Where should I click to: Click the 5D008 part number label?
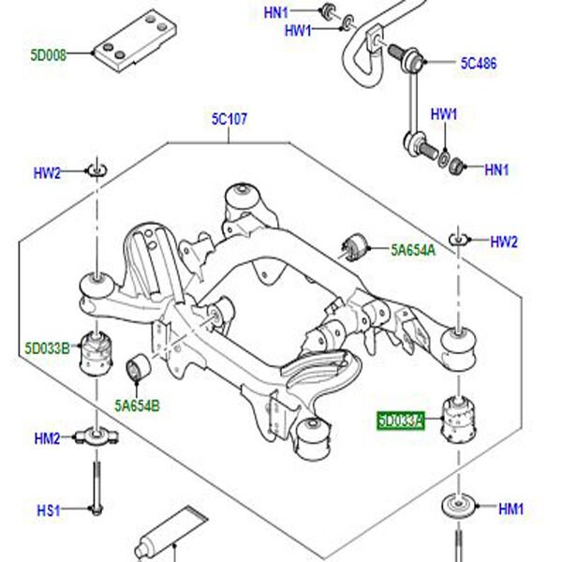(47, 55)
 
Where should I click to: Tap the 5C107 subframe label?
(229, 120)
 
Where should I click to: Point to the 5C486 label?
(478, 65)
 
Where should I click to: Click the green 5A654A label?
(412, 249)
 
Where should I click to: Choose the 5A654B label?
(137, 406)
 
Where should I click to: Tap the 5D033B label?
(48, 348)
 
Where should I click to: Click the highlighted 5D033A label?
(401, 421)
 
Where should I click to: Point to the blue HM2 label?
(47, 438)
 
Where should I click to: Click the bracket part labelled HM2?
(95, 436)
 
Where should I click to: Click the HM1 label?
(510, 510)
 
